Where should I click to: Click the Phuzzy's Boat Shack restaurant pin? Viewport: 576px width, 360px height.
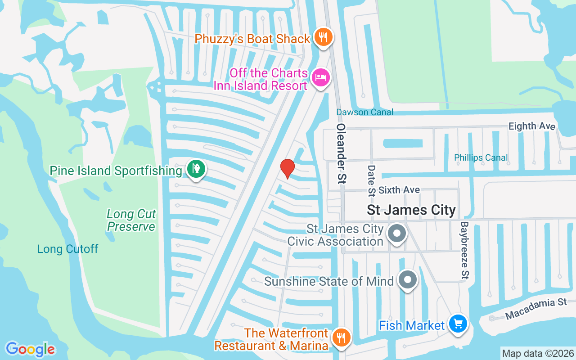coord(323,38)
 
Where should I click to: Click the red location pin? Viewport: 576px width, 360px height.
coord(287,168)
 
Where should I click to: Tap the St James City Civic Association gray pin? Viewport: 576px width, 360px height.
coord(397,234)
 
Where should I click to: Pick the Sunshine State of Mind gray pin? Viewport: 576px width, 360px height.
coord(408,280)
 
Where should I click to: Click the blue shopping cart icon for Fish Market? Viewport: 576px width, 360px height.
coord(458,324)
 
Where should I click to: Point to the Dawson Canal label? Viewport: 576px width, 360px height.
coord(365,112)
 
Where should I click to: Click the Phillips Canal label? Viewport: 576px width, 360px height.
coord(481,157)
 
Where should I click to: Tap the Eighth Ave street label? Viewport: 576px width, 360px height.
coord(532,126)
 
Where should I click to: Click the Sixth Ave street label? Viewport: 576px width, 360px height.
coord(399,190)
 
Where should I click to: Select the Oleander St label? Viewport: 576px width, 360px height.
coord(342,153)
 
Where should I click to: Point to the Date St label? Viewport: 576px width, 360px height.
coord(372,180)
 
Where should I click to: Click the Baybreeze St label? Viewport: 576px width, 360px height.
coord(464,249)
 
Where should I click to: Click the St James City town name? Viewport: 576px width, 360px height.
coord(411,210)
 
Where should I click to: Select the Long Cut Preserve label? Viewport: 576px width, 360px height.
coord(131,220)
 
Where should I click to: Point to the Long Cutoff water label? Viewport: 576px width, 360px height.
coord(67,249)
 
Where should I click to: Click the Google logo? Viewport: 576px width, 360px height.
coord(30,349)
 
